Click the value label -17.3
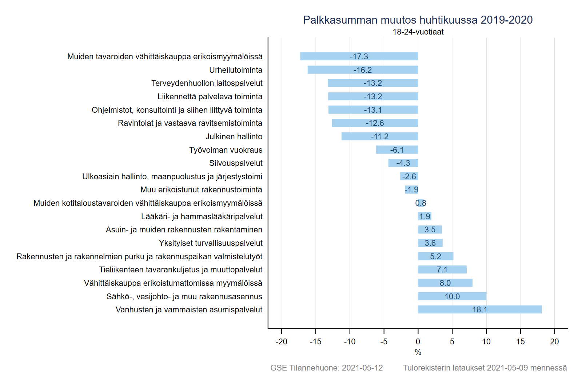[359, 57]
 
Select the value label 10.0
[452, 296]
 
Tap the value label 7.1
[442, 270]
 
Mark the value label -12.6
[375, 123]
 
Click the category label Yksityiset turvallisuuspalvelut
[211, 243]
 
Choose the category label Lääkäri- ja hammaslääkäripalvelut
[202, 216]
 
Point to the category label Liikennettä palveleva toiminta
[210, 96]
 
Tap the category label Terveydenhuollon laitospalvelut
[207, 83]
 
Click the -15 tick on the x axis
[315, 341]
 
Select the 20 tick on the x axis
[554, 341]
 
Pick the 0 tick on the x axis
[418, 341]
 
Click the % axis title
[418, 352]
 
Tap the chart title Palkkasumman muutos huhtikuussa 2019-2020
[418, 20]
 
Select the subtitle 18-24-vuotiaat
[418, 32]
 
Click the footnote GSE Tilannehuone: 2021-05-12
[326, 368]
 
